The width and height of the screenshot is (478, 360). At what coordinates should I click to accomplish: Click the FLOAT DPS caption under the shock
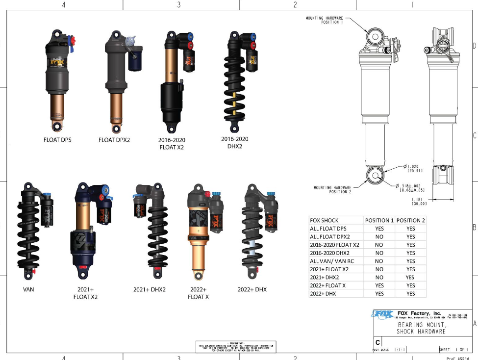click(57, 140)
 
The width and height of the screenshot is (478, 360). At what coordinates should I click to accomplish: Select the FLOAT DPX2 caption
click(114, 140)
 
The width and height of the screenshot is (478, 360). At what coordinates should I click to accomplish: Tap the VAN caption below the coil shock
click(28, 289)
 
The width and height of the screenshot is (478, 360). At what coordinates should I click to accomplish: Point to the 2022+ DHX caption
click(252, 289)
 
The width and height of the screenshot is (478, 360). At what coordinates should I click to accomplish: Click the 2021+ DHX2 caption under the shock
click(150, 289)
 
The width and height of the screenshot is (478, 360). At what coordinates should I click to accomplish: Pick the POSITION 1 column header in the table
click(379, 220)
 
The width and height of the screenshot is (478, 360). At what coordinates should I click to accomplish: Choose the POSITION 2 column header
click(410, 220)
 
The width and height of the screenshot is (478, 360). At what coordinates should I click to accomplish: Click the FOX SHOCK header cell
click(324, 220)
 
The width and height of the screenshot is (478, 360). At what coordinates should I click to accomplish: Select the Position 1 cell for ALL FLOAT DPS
click(379, 229)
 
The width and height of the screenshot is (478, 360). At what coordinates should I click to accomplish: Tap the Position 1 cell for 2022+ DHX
click(379, 293)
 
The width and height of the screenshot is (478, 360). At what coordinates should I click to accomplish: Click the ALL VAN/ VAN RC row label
click(332, 261)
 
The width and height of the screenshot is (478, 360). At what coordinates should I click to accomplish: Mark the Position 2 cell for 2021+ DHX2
click(410, 277)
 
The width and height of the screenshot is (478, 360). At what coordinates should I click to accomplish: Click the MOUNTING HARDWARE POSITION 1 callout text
click(325, 20)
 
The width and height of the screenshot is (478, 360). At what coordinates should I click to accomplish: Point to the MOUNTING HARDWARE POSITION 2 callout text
click(333, 189)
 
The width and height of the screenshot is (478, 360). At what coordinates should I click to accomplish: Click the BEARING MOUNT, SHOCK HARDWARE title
click(421, 329)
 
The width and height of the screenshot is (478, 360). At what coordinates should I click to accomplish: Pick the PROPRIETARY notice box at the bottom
click(236, 346)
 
